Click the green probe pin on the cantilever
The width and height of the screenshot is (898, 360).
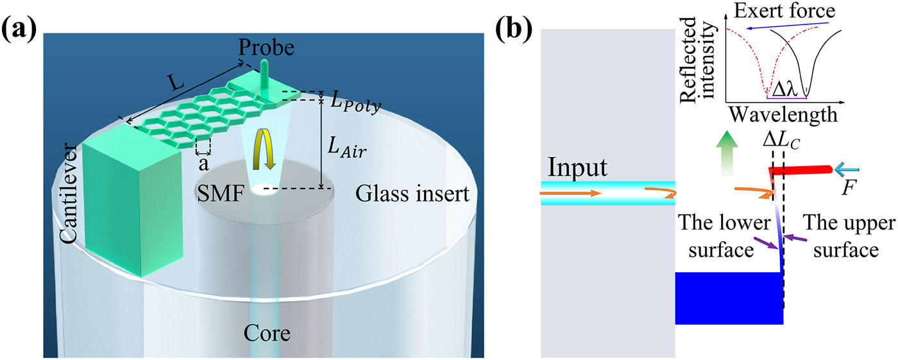(x=265, y=74)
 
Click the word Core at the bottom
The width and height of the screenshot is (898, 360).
(x=264, y=334)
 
